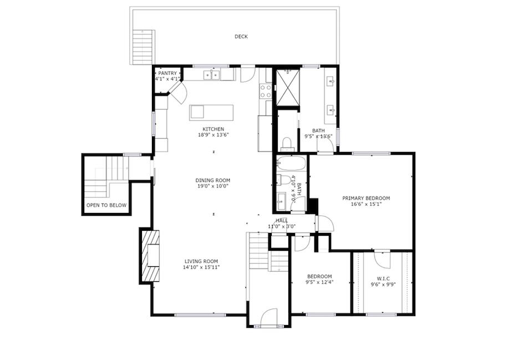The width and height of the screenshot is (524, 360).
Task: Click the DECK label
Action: tap(241, 37)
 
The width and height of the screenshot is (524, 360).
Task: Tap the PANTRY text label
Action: tap(167, 73)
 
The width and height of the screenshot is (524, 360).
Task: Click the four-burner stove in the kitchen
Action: tap(266, 91)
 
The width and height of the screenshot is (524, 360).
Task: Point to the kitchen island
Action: tap(211, 112)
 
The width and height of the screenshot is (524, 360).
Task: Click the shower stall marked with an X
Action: tap(287, 87)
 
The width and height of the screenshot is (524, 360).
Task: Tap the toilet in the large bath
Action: tap(287, 144)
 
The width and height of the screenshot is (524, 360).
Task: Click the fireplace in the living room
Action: tap(150, 256)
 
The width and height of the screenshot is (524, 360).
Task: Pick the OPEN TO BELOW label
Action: tap(106, 205)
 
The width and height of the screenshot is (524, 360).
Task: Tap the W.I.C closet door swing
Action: tap(382, 259)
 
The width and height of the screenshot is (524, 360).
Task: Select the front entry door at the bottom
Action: tap(269, 318)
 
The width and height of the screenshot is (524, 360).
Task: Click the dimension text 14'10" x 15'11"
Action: tap(202, 267)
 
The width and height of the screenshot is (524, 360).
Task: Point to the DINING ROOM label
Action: tap(212, 180)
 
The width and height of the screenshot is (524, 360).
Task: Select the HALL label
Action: tap(282, 220)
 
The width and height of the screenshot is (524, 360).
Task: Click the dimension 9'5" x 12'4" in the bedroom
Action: tap(320, 282)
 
